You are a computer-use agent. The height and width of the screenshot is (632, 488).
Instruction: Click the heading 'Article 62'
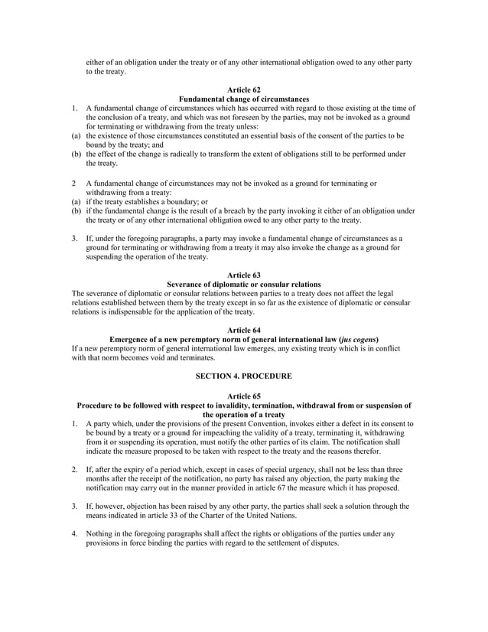click(243, 90)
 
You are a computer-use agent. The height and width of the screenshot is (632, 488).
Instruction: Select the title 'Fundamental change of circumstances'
click(243, 99)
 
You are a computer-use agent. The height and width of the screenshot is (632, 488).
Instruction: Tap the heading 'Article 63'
click(243, 275)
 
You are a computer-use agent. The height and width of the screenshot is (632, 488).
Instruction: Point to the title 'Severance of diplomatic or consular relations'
click(243, 284)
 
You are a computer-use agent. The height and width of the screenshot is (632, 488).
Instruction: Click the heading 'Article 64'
click(243, 330)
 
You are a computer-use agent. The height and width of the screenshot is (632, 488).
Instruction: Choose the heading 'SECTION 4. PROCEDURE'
click(243, 376)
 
